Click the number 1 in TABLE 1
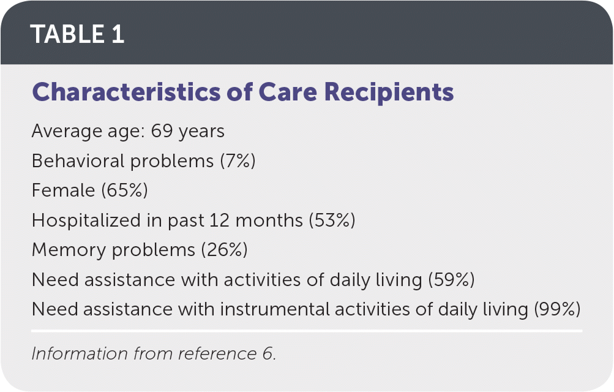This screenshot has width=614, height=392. click(118, 34)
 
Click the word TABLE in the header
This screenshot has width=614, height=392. click(67, 34)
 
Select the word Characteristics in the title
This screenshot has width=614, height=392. click(126, 92)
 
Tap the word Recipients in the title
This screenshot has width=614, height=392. click(389, 93)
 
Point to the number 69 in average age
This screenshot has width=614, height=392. click(162, 131)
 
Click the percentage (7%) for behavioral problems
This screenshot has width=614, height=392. click(238, 160)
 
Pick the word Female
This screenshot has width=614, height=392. click(63, 190)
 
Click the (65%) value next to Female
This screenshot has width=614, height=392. click(124, 190)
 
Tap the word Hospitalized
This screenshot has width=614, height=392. click(86, 221)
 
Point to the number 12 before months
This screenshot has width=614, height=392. click(219, 220)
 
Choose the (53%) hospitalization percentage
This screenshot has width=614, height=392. click(332, 220)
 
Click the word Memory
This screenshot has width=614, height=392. click(69, 251)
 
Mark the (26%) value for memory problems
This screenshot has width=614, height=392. click(225, 250)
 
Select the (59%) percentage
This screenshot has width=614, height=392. click(451, 280)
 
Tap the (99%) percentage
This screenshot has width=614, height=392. click(557, 309)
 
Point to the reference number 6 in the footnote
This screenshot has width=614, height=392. click(268, 353)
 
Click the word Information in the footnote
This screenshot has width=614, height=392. click(80, 353)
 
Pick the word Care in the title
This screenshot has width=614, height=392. click(288, 92)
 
